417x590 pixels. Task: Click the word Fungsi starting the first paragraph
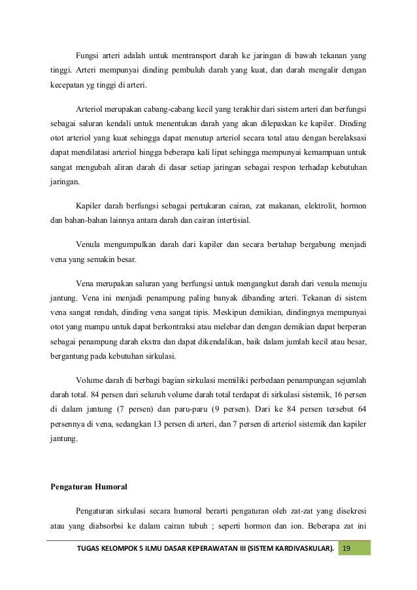(x=88, y=54)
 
